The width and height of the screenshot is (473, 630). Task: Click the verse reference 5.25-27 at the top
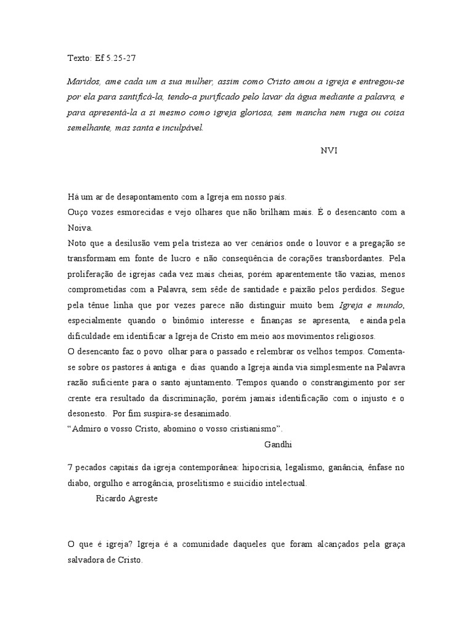pyautogui.click(x=123, y=60)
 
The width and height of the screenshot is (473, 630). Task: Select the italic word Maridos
pyautogui.click(x=83, y=81)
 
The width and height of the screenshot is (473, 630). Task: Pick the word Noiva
pyautogui.click(x=78, y=228)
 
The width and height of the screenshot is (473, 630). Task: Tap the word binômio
pyautogui.click(x=214, y=321)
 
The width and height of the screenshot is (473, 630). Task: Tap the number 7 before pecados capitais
pyautogui.click(x=70, y=468)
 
